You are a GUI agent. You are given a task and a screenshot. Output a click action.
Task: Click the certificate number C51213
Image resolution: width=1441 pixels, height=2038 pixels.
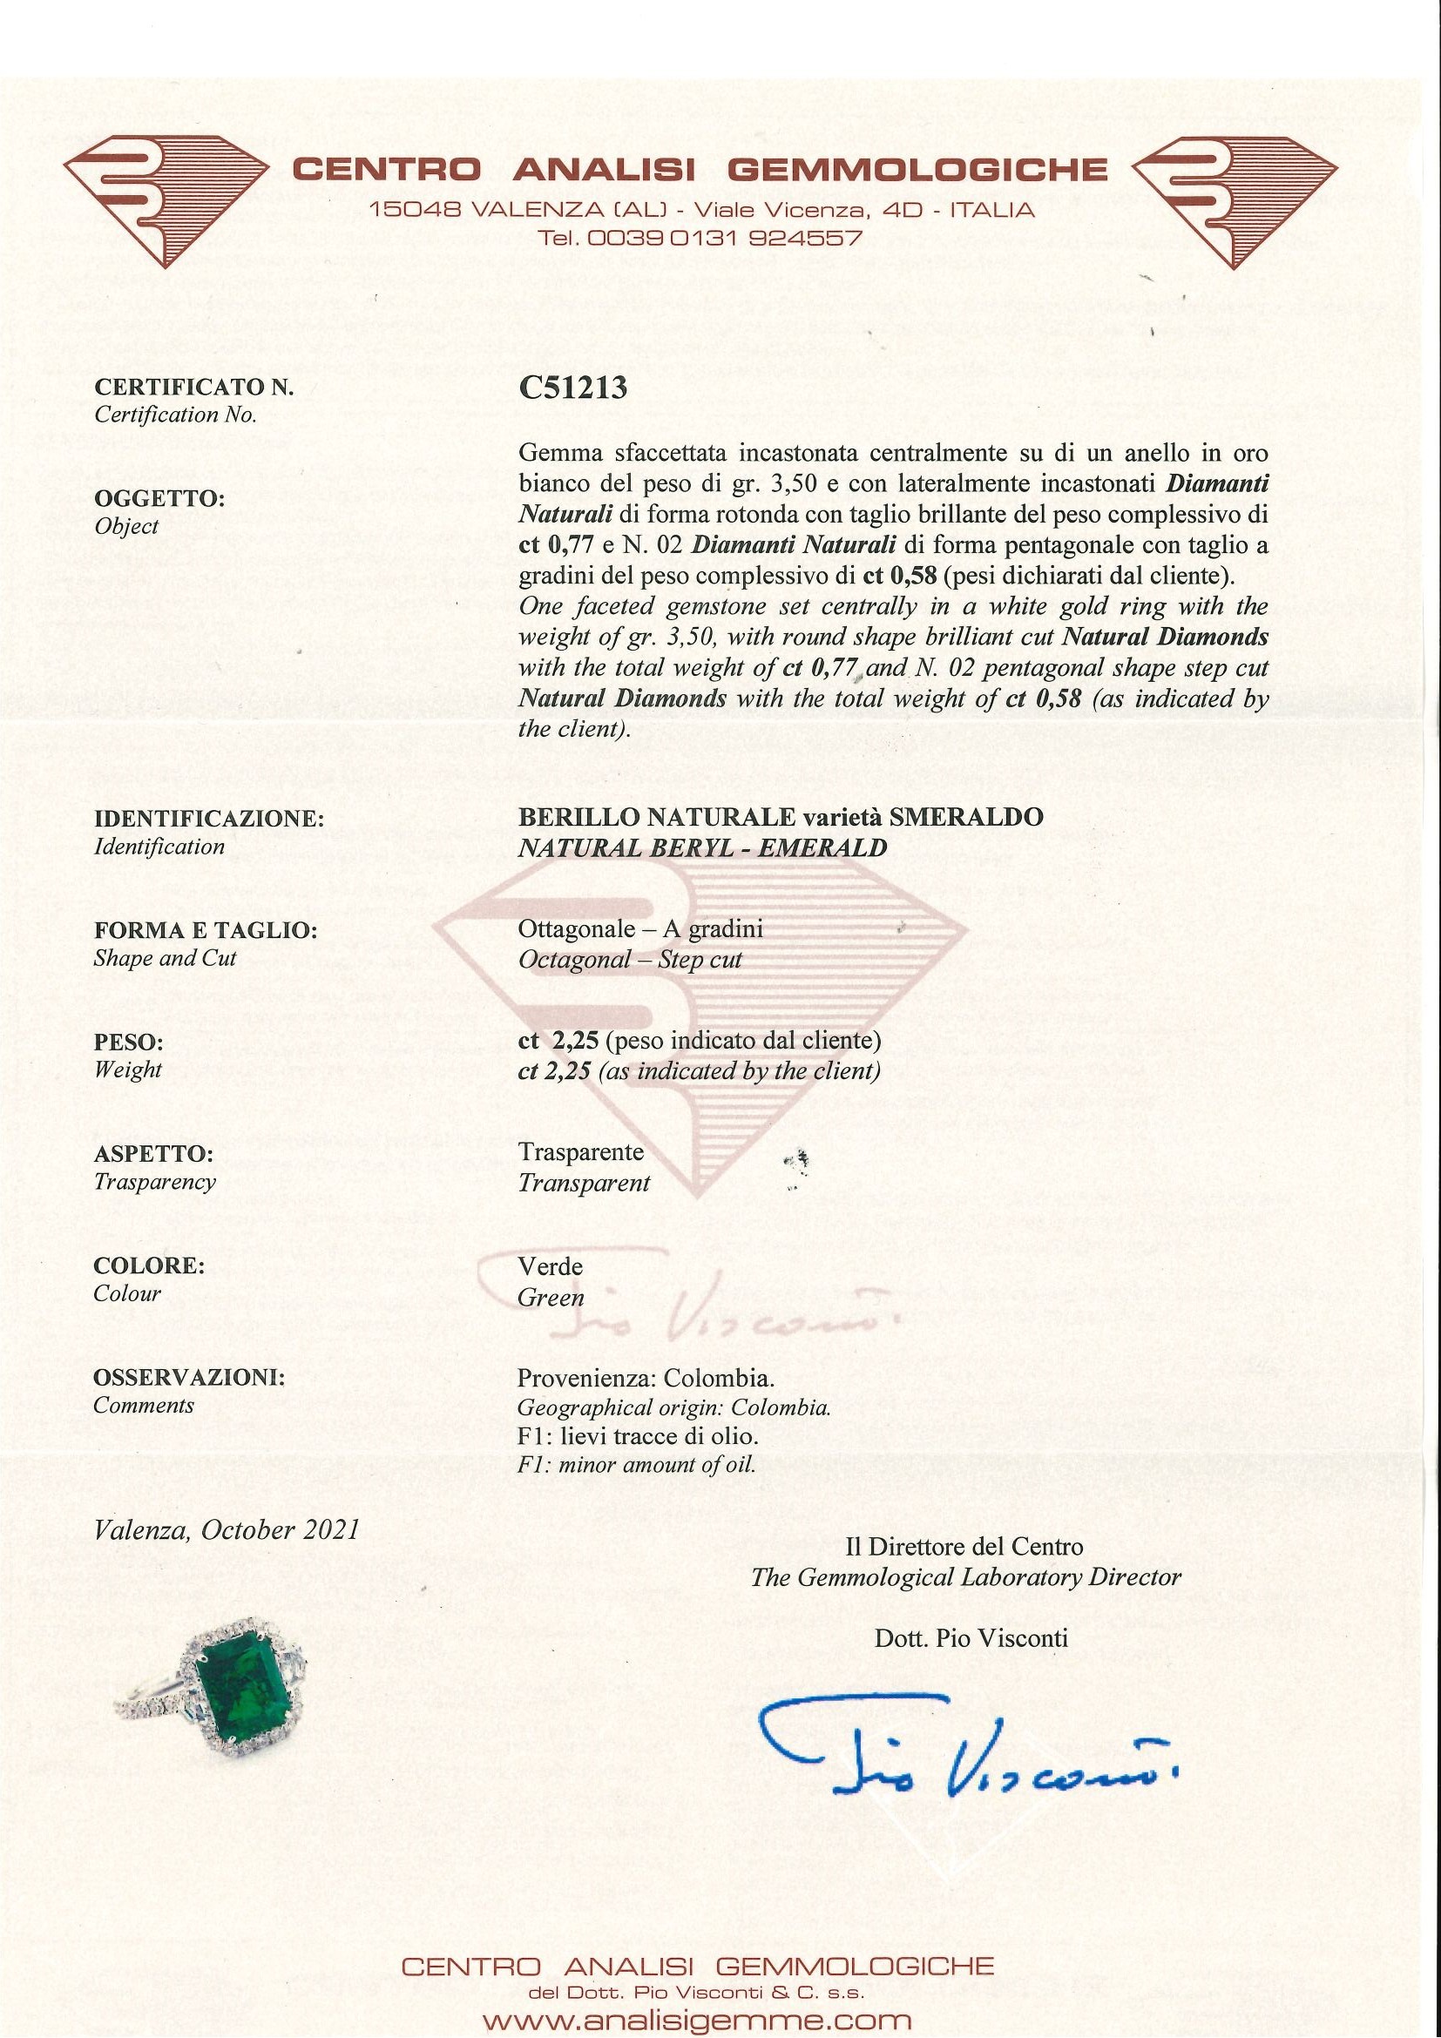pos(572,388)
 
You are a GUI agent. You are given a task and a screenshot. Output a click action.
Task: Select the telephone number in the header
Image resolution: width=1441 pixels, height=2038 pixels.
pos(700,238)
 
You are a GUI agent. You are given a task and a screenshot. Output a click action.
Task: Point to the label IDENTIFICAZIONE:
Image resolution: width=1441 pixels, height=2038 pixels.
pos(208,819)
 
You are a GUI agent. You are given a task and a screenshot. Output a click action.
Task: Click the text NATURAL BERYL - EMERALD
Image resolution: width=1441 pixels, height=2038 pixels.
pos(702,847)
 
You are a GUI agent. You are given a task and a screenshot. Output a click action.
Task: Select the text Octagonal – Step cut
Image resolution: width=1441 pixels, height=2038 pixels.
pos(630,960)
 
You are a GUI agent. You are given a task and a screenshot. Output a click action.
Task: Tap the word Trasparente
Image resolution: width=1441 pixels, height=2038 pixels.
pos(580,1152)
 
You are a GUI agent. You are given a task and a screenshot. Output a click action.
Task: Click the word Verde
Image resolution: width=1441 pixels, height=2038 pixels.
pos(551,1265)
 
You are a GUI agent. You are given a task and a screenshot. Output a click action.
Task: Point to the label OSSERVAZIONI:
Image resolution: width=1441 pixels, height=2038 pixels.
pos(189,1378)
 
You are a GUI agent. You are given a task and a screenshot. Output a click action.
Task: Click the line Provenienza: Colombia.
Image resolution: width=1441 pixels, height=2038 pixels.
pos(646,1379)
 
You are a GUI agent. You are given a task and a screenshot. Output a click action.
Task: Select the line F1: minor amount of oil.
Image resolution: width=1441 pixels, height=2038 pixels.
pos(637,1465)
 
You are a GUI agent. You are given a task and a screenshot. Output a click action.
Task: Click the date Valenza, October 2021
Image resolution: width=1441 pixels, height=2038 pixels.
pos(227,1530)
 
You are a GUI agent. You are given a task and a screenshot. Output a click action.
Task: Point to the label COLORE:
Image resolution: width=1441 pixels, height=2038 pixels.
pos(149,1265)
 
